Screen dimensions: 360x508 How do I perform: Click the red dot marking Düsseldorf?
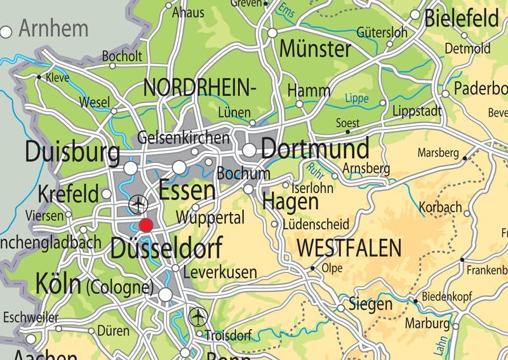146,225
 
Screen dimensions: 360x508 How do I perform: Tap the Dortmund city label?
315,149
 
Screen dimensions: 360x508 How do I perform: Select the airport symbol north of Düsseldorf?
137,204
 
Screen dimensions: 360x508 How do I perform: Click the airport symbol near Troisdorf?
199,314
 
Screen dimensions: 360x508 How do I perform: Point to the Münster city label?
315,48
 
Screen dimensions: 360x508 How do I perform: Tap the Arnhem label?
53,29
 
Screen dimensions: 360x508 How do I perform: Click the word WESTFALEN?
349,248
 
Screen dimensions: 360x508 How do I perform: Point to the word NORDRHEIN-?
200,87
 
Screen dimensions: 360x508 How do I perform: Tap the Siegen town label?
371,304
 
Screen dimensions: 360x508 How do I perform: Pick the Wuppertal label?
220,218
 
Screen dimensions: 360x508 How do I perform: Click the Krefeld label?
69,194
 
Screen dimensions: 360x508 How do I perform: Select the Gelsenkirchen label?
184,137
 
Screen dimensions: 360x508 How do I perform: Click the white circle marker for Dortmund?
250,150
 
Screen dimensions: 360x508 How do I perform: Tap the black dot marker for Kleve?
39,77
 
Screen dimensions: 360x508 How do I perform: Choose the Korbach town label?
440,207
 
